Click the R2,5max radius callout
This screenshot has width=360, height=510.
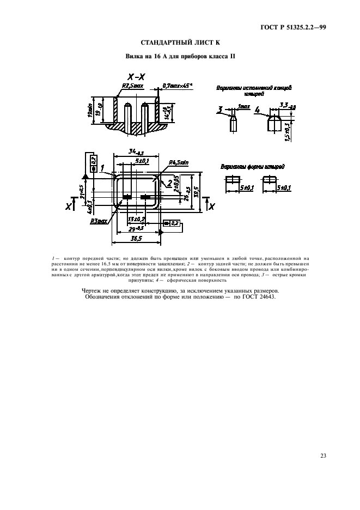[x=132, y=86]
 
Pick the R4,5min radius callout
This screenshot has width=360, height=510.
[x=179, y=162]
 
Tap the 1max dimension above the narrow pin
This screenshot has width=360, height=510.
[x=243, y=107]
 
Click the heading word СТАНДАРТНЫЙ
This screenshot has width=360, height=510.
[x=164, y=42]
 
